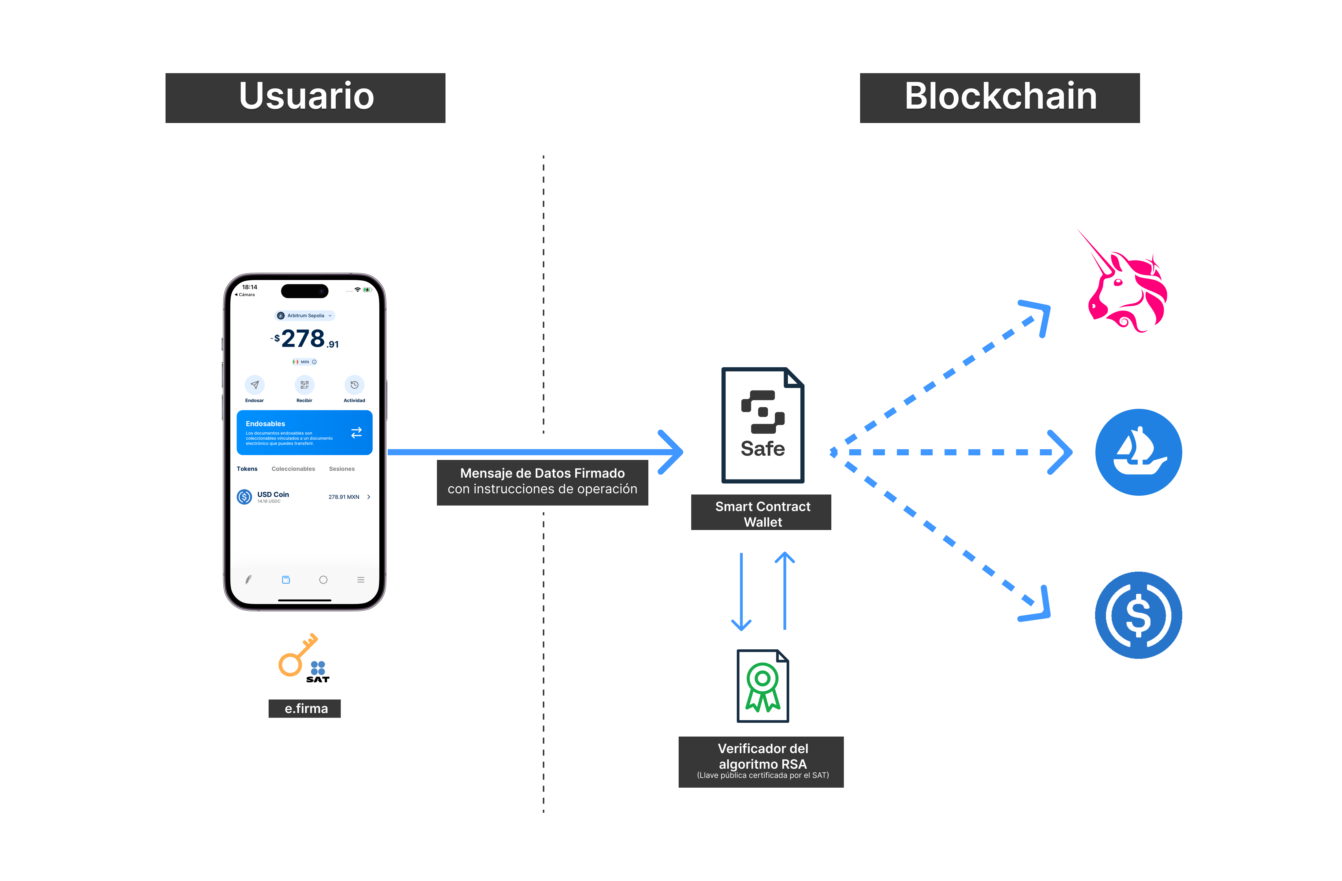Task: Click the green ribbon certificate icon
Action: coord(762,686)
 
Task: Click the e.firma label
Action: coord(305,708)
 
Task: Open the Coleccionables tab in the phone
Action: coord(293,469)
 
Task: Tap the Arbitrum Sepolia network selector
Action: coord(304,315)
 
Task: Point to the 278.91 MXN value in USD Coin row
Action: coord(344,497)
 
